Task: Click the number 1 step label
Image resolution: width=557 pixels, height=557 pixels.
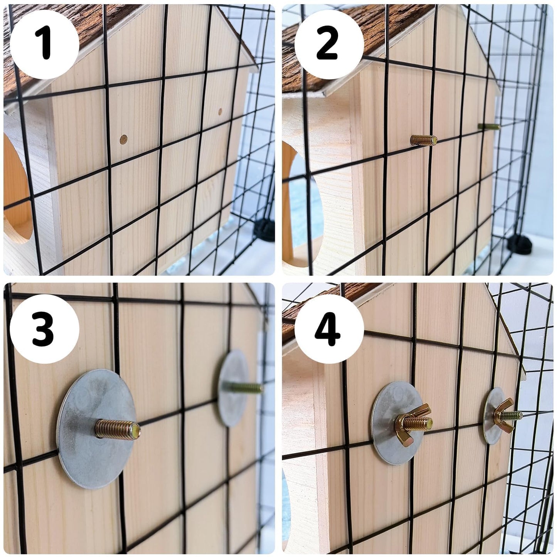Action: (44, 42)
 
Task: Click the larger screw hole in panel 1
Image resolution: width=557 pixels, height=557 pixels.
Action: (124, 140)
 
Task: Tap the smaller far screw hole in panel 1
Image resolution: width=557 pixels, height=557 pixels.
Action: (220, 111)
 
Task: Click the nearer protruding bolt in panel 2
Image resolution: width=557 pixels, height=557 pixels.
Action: (423, 140)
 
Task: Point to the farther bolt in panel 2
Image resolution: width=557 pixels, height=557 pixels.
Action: (488, 126)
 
